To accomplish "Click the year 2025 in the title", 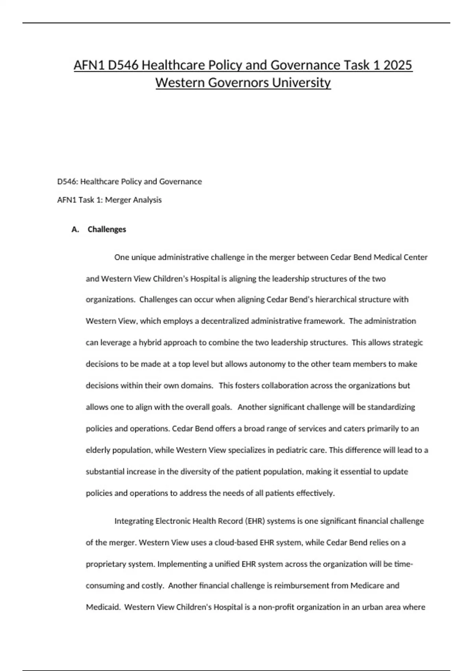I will tap(398, 65).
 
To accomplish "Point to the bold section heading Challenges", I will tap(107, 229).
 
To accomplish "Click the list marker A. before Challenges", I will tap(75, 229).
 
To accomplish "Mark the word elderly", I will tap(98, 450).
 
